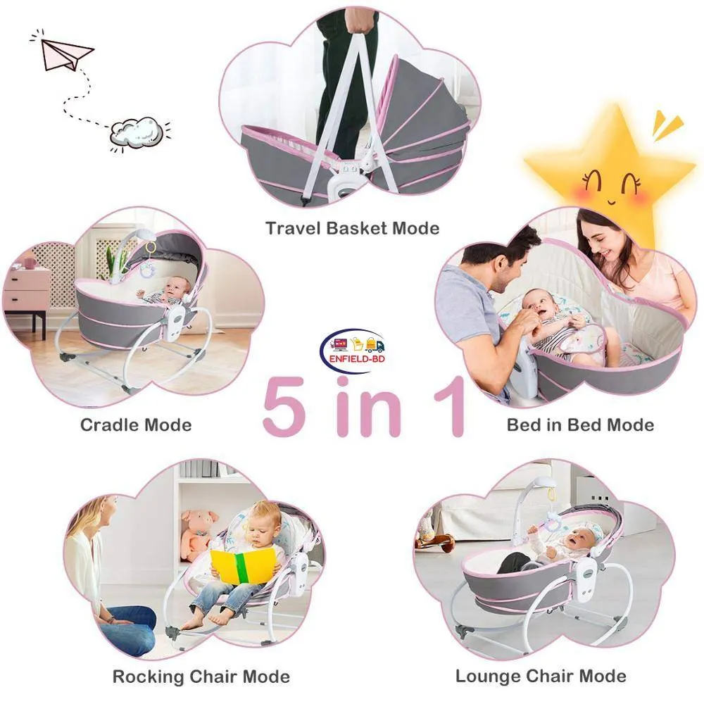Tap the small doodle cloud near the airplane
[x=137, y=132]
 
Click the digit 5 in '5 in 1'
[x=284, y=406]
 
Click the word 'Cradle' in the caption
[x=106, y=425]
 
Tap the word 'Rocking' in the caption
[x=148, y=676]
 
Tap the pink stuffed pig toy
[x=198, y=534]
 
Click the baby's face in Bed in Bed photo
[x=540, y=306]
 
